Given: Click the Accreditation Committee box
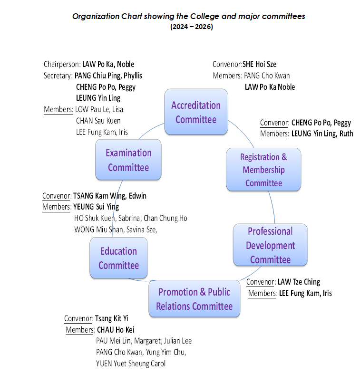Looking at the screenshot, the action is pos(196,112).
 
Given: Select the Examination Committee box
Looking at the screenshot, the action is pos(128,160).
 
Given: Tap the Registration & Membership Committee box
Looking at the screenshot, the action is pos(263,169).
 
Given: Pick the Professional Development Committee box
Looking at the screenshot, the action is pos(270,245).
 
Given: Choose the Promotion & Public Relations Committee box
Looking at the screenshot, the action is pos(195,298).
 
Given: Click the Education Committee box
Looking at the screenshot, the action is pos(118,258).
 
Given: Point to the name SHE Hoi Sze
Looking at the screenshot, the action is pos(259,64).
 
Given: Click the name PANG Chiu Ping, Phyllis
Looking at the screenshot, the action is pos(108,76).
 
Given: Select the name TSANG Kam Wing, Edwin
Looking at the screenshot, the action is pos(110,196).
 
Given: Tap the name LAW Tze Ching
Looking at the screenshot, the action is pos(299,282).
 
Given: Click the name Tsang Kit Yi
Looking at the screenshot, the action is pos(111,318).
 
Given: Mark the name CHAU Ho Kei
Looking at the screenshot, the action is pos(116,330).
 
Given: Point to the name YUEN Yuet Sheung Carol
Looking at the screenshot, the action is pos(131,363).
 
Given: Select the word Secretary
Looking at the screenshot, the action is pos(58,76).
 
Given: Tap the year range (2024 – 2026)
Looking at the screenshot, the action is pos(192,27).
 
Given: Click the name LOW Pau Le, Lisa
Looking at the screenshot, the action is pos(99,110).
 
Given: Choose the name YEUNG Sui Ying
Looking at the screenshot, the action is pos(96,207).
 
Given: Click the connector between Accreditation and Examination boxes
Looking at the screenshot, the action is pos(150,130).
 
